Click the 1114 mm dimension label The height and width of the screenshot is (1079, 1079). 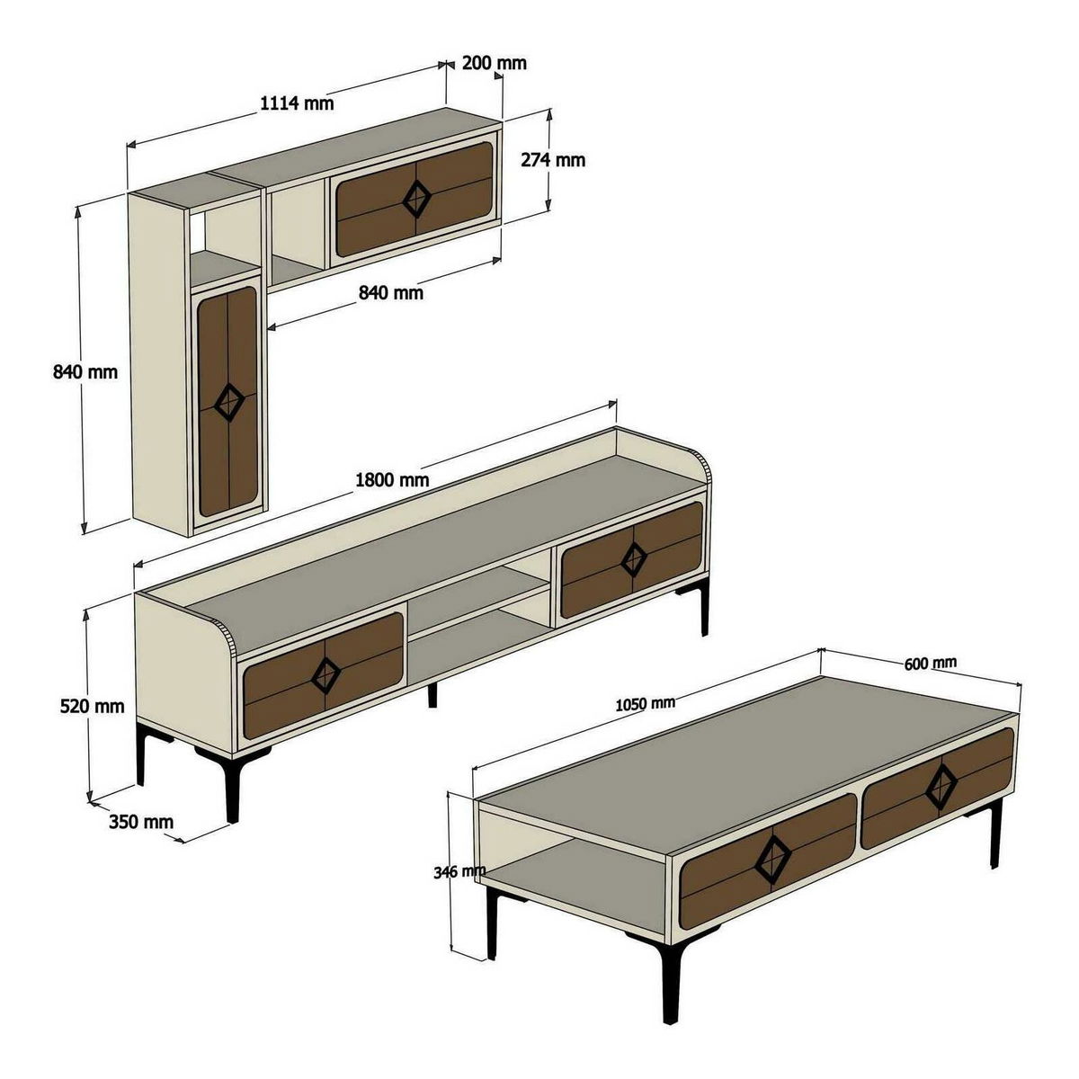pyautogui.click(x=297, y=103)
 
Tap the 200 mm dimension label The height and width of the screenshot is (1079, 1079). pyautogui.click(x=494, y=63)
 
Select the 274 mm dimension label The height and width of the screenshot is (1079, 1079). pyautogui.click(x=553, y=160)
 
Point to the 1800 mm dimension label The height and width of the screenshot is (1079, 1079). pyautogui.click(x=393, y=480)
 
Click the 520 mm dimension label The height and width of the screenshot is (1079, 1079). pyautogui.click(x=92, y=707)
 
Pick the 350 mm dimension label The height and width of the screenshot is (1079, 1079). pyautogui.click(x=141, y=822)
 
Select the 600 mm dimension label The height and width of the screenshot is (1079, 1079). pyautogui.click(x=930, y=663)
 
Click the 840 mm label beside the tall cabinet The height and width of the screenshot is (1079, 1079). pyautogui.click(x=85, y=371)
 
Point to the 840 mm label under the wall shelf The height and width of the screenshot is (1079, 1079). pyautogui.click(x=391, y=292)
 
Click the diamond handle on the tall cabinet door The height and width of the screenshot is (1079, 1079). pyautogui.click(x=229, y=402)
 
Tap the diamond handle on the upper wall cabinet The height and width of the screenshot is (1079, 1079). pyautogui.click(x=416, y=199)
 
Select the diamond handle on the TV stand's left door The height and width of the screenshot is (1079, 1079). pyautogui.click(x=325, y=675)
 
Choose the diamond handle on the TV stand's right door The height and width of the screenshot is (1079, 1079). pyautogui.click(x=634, y=558)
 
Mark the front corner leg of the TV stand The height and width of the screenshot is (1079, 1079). pyautogui.click(x=232, y=789)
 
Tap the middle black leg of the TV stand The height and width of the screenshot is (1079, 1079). pyautogui.click(x=432, y=695)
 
